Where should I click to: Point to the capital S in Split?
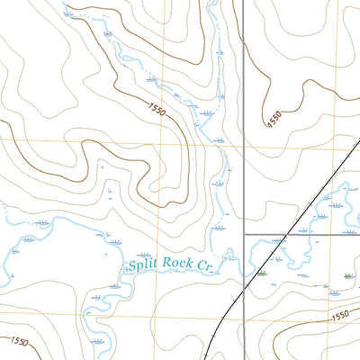coord(132,265)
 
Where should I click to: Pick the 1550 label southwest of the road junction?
coord(20,343)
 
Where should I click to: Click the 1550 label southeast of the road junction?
coord(338,316)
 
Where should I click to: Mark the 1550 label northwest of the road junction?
coord(154,111)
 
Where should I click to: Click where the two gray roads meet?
coord(245,234)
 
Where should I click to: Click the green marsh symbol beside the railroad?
coord(262,272)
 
